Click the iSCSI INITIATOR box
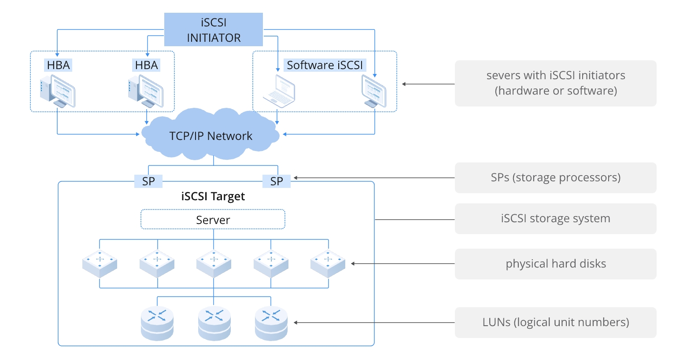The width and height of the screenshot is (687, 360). tap(214, 29)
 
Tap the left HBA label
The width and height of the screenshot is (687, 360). tap(58, 65)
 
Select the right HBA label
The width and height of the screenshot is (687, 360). tap(146, 65)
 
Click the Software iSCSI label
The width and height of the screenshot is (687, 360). tap(325, 65)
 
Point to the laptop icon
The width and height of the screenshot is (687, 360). tap(279, 92)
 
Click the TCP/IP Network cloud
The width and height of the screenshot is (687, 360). tap(211, 136)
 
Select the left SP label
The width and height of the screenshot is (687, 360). tap(148, 181)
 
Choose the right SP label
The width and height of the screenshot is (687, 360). tap(277, 181)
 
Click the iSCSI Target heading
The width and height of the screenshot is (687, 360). tap(213, 196)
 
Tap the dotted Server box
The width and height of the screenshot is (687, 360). tap(213, 220)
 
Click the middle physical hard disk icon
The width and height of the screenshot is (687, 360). tap(214, 263)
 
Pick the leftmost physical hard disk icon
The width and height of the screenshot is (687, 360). tap(100, 263)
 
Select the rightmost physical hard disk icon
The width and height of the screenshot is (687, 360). tap(328, 263)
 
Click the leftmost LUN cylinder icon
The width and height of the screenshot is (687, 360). tap(157, 323)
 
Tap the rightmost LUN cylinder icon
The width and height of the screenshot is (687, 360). tap(271, 323)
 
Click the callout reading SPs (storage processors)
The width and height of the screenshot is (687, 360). tap(555, 178)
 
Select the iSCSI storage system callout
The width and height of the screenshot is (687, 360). tap(555, 219)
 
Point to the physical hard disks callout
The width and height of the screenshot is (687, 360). tap(555, 264)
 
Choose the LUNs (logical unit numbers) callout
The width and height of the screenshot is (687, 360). tap(555, 323)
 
